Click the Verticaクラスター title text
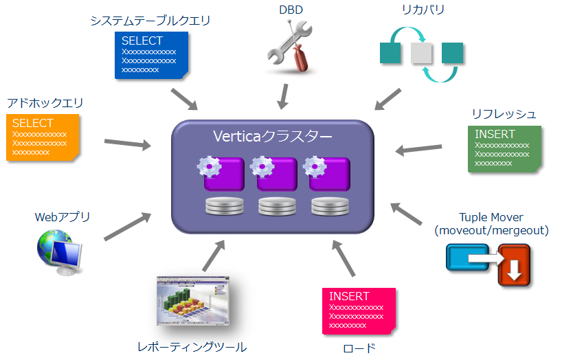pos(272,136)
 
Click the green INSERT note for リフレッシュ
pos(503,148)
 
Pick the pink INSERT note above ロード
pos(357,311)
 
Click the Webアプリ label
pos(63,217)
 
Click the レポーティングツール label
pos(192,347)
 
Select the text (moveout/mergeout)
pos(491,231)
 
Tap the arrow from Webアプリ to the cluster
pos(128,227)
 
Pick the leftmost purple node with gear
pos(221,172)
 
